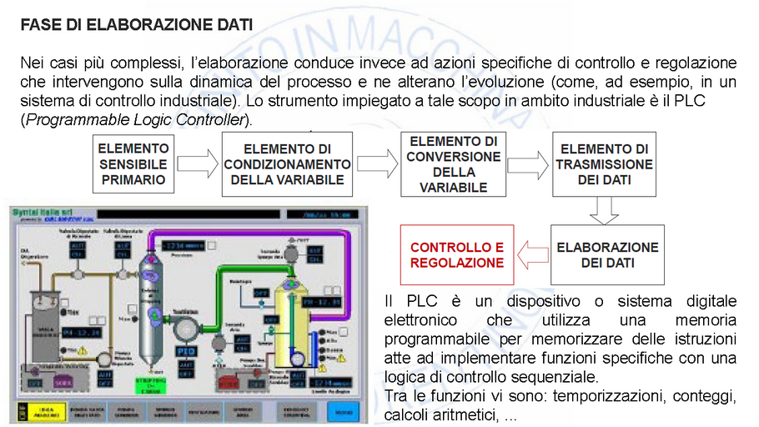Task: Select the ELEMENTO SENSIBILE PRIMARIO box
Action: pyautogui.click(x=133, y=164)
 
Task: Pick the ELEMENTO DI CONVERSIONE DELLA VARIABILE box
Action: pyautogui.click(x=453, y=164)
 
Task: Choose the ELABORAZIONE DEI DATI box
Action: pyautogui.click(x=607, y=255)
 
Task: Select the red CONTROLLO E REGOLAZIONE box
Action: pyautogui.click(x=457, y=255)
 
